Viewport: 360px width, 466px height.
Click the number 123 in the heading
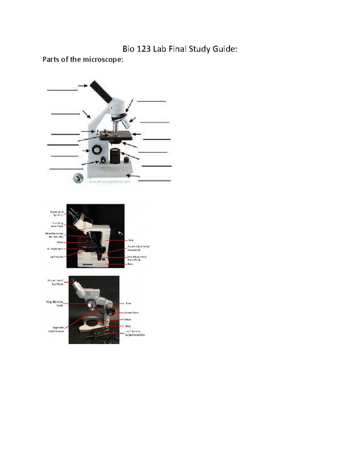144,49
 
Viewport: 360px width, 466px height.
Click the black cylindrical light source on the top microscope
115,155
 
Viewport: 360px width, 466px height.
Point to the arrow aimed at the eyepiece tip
83,86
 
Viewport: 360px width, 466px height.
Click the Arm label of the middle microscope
130,240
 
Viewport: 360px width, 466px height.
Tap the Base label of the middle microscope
130,264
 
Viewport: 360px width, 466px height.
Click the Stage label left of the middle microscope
60,242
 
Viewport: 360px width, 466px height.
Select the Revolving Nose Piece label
57,225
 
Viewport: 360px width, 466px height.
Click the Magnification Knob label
55,304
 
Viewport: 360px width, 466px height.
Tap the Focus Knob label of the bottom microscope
132,313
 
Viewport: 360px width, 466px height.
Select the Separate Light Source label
56,329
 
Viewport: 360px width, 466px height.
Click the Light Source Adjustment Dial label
135,333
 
